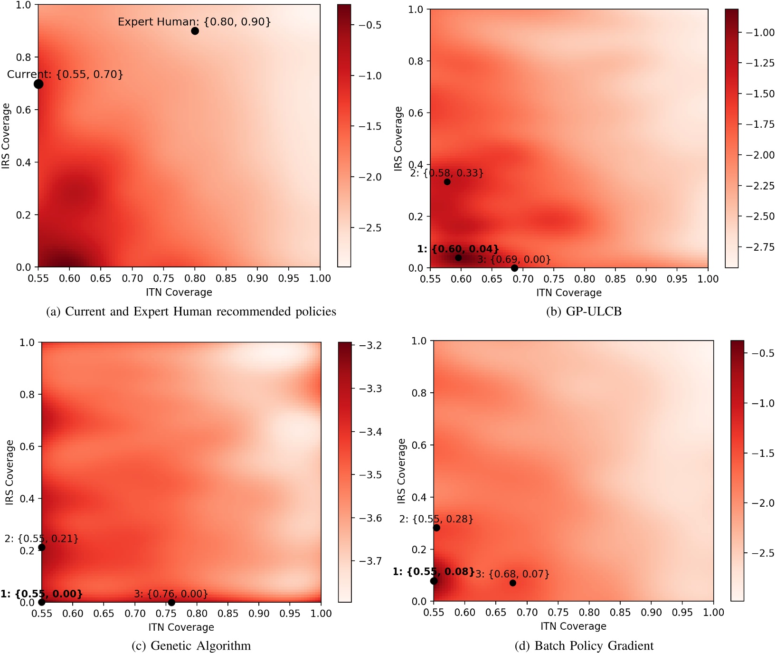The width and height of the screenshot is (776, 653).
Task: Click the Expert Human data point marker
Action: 195,31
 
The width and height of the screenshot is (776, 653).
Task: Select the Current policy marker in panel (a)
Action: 38,84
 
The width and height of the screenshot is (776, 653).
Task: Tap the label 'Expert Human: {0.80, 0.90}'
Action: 194,21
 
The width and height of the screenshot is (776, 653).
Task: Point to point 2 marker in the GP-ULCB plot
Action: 447,182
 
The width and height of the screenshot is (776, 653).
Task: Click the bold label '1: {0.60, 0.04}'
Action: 458,249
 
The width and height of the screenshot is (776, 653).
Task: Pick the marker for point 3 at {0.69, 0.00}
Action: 514,268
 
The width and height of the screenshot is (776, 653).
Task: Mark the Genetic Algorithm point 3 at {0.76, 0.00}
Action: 171,602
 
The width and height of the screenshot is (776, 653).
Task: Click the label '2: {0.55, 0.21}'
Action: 41,539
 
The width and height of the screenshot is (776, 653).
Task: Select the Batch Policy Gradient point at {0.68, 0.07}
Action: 513,583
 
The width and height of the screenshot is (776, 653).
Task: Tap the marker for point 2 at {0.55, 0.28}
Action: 436,528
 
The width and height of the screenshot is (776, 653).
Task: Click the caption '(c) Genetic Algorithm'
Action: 191,645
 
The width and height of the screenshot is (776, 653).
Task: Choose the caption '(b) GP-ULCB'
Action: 584,311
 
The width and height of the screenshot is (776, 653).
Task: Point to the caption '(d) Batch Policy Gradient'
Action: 584,645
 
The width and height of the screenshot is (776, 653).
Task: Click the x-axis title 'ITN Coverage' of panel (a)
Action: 179,292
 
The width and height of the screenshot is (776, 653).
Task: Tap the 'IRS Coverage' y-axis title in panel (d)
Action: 401,471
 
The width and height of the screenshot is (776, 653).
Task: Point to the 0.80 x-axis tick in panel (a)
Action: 195,278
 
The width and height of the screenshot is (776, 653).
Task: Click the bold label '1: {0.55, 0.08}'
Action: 433,571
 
